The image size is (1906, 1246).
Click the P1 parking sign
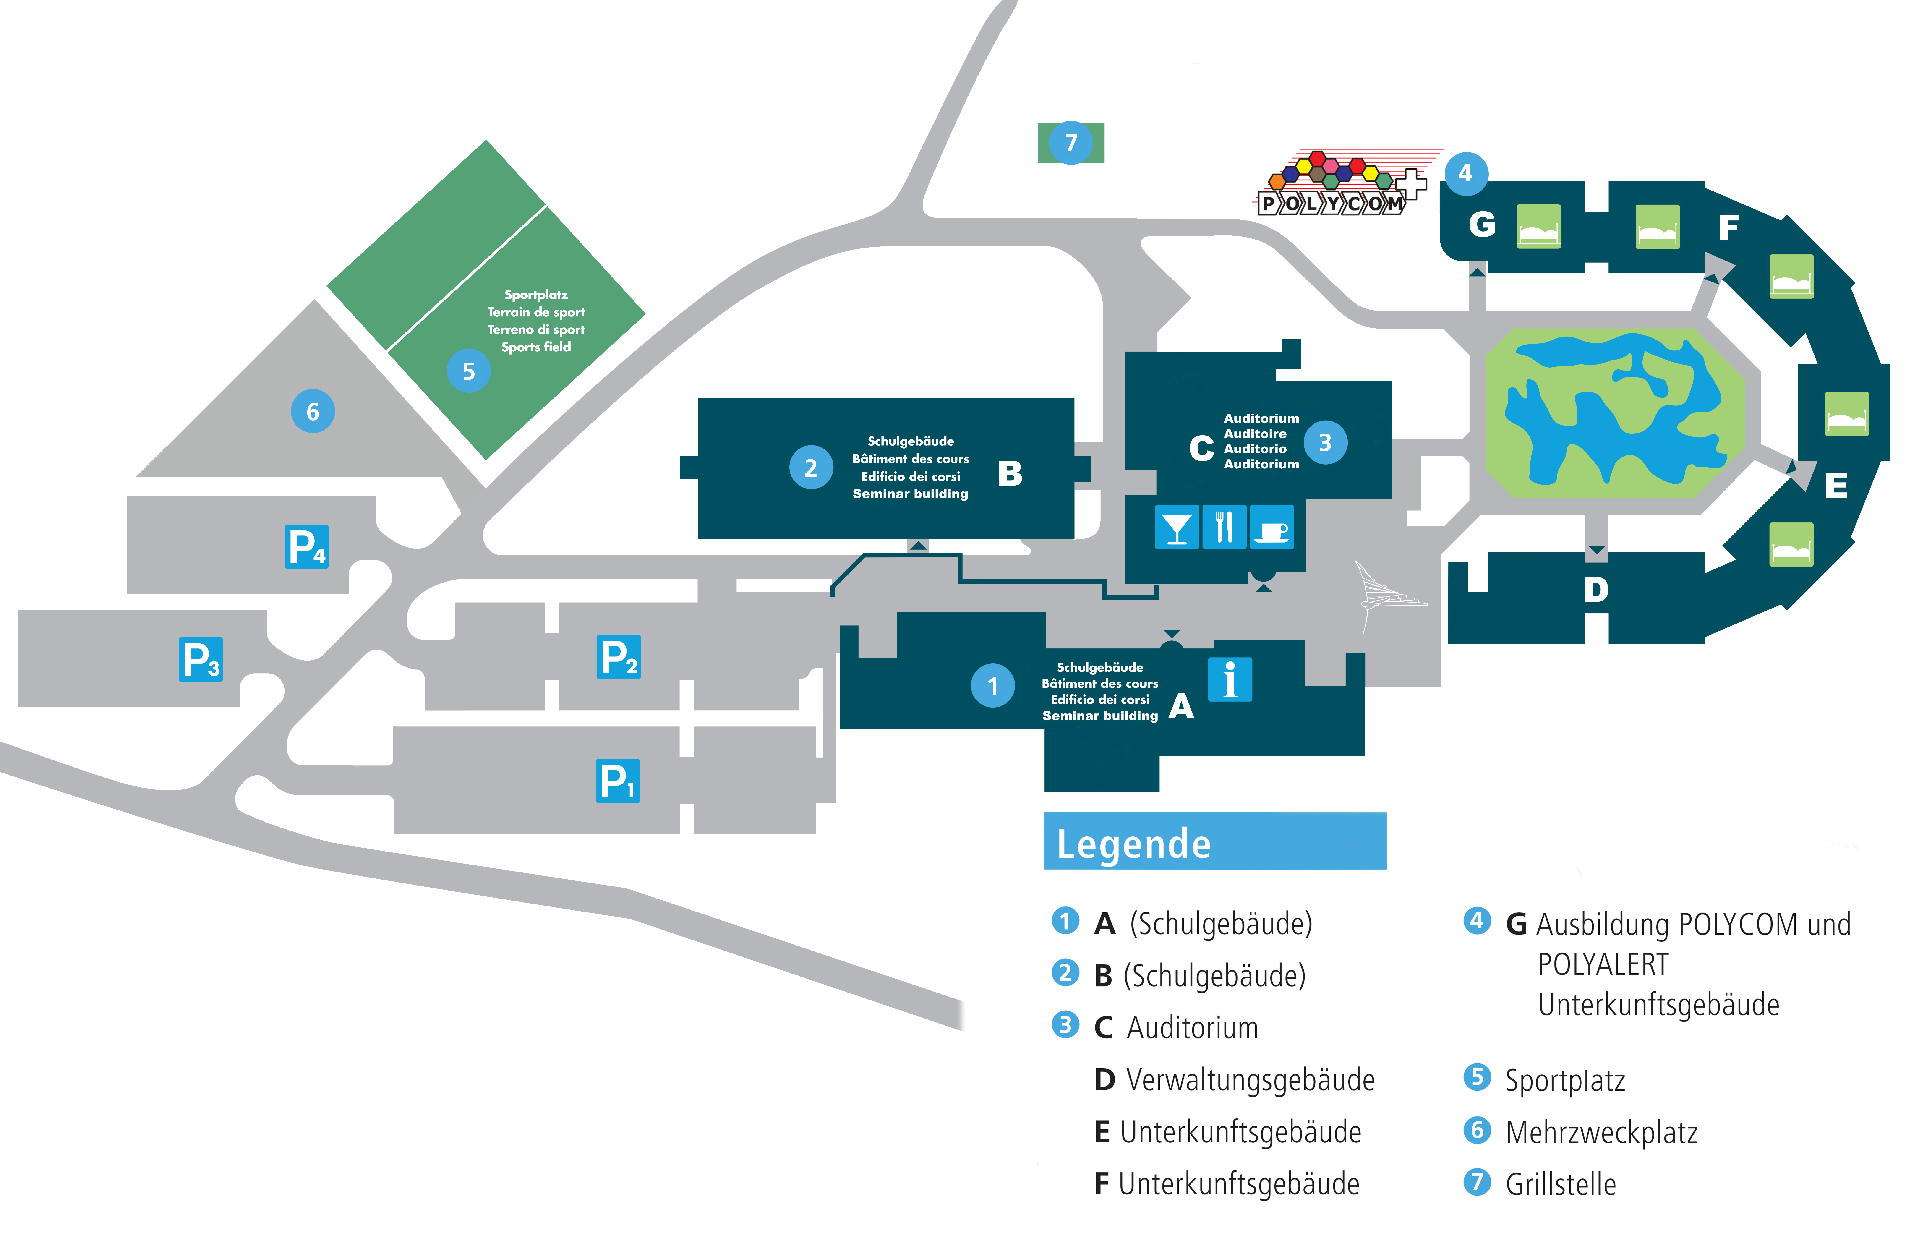pyautogui.click(x=618, y=781)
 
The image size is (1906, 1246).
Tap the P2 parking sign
pyautogui.click(x=618, y=657)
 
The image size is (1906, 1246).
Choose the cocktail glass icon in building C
pyautogui.click(x=1176, y=527)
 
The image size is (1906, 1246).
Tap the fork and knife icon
pyautogui.click(x=1224, y=527)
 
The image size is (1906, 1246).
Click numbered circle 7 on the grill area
pyautogui.click(x=1071, y=143)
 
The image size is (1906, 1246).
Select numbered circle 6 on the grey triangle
pyautogui.click(x=312, y=412)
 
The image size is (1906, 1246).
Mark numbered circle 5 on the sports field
pyautogui.click(x=468, y=371)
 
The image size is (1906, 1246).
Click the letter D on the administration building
pyautogui.click(x=1595, y=590)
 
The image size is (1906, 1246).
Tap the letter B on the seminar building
pyautogui.click(x=1010, y=474)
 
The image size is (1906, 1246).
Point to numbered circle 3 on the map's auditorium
pyautogui.click(x=1325, y=442)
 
